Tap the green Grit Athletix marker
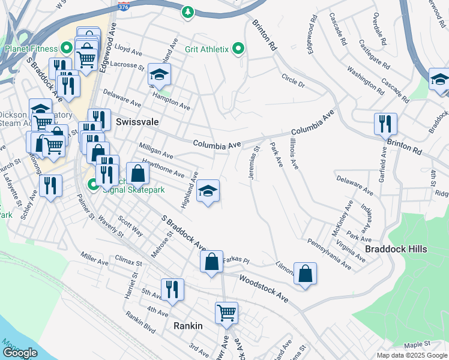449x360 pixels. click(238, 49)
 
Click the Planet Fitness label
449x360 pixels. click(30, 49)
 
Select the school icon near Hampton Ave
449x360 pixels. click(160, 74)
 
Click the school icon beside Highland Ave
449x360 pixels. click(208, 191)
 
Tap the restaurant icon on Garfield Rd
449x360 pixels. click(385, 124)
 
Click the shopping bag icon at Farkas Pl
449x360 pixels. click(211, 262)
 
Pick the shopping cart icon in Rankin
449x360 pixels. click(226, 312)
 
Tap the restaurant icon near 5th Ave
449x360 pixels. click(172, 289)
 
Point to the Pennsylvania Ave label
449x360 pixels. click(329, 253)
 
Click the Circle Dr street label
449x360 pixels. click(294, 81)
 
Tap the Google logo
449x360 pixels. click(20, 353)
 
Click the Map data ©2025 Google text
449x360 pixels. click(411, 355)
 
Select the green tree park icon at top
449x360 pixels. click(188, 11)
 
